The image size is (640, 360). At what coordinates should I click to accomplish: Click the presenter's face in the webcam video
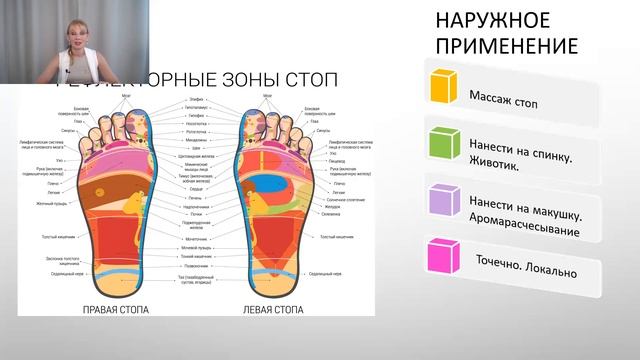pos(77,28)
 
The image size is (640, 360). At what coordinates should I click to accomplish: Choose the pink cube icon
pos(442,256)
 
